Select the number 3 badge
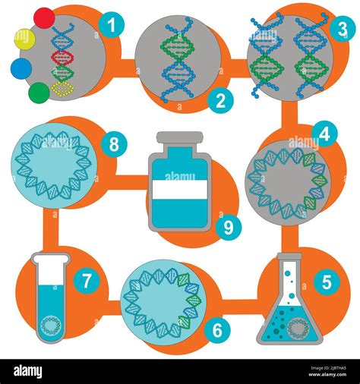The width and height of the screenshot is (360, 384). tap(343, 30)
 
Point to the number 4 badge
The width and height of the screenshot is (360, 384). tap(324, 134)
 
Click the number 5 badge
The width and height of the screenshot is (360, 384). tap(327, 282)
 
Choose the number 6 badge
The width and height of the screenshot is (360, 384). tap(217, 329)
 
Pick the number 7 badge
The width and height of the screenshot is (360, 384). tap(87, 281)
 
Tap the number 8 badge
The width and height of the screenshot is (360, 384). tap(114, 143)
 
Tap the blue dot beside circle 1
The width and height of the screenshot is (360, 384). tap(21, 68)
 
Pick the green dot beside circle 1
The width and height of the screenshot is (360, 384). tap(39, 93)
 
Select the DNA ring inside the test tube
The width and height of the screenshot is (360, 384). tap(51, 325)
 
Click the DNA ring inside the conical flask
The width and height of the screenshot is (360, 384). tap(297, 326)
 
